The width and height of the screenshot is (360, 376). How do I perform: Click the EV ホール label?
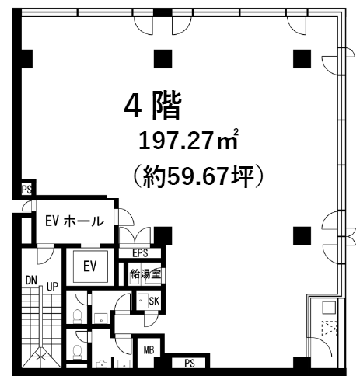(x=75, y=221)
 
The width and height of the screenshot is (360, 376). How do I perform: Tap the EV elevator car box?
(x=90, y=266)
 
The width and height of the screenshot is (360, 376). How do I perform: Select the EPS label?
(x=140, y=253)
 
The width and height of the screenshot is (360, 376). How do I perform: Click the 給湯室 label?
(x=145, y=273)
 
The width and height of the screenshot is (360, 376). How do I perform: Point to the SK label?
(x=154, y=301)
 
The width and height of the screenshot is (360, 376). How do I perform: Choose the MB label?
(x=149, y=350)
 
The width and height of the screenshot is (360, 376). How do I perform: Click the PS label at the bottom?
(x=190, y=364)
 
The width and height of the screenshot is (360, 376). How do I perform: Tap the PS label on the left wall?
(x=26, y=190)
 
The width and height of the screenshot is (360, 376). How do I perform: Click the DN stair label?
(x=31, y=280)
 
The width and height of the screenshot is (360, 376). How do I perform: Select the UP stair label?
(x=52, y=287)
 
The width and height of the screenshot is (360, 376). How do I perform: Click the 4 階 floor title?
(x=152, y=106)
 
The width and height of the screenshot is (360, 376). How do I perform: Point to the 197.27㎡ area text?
(x=188, y=140)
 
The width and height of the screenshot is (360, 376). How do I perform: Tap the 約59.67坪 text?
(x=198, y=176)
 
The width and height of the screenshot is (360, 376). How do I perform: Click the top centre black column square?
(x=163, y=59)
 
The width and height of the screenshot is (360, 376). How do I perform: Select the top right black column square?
(x=302, y=59)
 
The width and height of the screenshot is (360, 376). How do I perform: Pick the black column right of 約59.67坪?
(x=302, y=235)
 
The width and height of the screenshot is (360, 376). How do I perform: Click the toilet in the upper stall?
(x=77, y=316)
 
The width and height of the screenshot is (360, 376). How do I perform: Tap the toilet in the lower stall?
(x=77, y=353)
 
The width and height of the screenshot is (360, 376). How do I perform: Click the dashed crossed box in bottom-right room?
(x=329, y=329)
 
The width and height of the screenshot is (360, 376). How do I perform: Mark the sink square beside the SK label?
(x=143, y=301)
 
